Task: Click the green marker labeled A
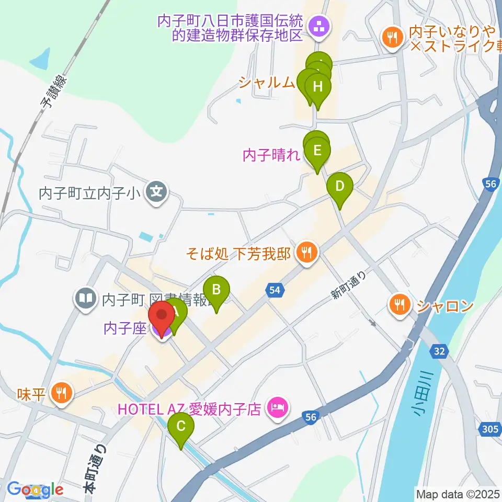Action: [176, 314]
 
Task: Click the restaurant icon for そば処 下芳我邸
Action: [306, 253]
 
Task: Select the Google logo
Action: [36, 489]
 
